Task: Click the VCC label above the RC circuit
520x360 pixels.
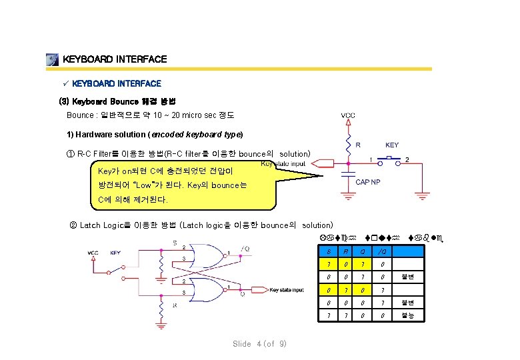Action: click(348, 115)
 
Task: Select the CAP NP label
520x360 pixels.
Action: click(368, 182)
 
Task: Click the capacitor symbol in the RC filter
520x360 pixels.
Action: click(347, 177)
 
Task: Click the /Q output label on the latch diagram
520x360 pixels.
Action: click(246, 249)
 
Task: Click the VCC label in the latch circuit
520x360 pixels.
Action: click(93, 253)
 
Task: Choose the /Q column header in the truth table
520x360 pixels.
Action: click(382, 251)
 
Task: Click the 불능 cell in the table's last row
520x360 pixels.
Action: click(407, 315)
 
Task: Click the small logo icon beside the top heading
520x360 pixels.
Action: click(53, 60)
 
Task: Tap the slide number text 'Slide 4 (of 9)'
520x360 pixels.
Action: click(259, 344)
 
